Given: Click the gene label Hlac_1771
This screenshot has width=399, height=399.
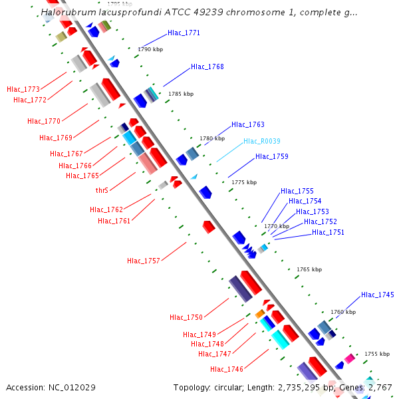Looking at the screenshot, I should (x=184, y=33).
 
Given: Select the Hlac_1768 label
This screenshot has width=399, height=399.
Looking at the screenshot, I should (x=207, y=66).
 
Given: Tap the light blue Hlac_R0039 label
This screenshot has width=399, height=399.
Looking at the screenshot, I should (x=261, y=141).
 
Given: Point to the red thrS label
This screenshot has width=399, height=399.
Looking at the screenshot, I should (x=102, y=190).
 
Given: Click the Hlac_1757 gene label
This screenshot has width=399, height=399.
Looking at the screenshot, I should (x=144, y=261).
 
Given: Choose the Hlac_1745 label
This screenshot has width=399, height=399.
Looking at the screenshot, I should (x=377, y=295).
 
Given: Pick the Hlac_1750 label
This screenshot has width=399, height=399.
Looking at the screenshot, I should (x=186, y=317).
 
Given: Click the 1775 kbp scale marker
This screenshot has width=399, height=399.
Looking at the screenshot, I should (x=243, y=182).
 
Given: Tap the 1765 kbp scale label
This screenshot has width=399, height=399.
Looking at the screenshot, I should (x=309, y=269).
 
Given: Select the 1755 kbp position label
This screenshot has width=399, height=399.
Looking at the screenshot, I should (x=376, y=354).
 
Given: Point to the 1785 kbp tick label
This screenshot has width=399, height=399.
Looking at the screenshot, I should (x=181, y=94).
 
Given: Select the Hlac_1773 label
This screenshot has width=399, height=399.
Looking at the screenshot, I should (x=23, y=89).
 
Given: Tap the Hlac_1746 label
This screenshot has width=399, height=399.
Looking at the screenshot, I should (x=227, y=369).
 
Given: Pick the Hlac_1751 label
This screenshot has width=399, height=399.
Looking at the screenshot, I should (x=328, y=232).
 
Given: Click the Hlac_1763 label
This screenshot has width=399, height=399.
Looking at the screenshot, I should (x=247, y=124).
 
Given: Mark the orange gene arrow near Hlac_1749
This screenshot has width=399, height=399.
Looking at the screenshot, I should (x=260, y=314).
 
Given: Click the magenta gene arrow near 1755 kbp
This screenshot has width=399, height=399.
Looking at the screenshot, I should (x=349, y=358).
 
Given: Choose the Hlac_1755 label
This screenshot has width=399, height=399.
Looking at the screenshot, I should (x=297, y=191).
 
